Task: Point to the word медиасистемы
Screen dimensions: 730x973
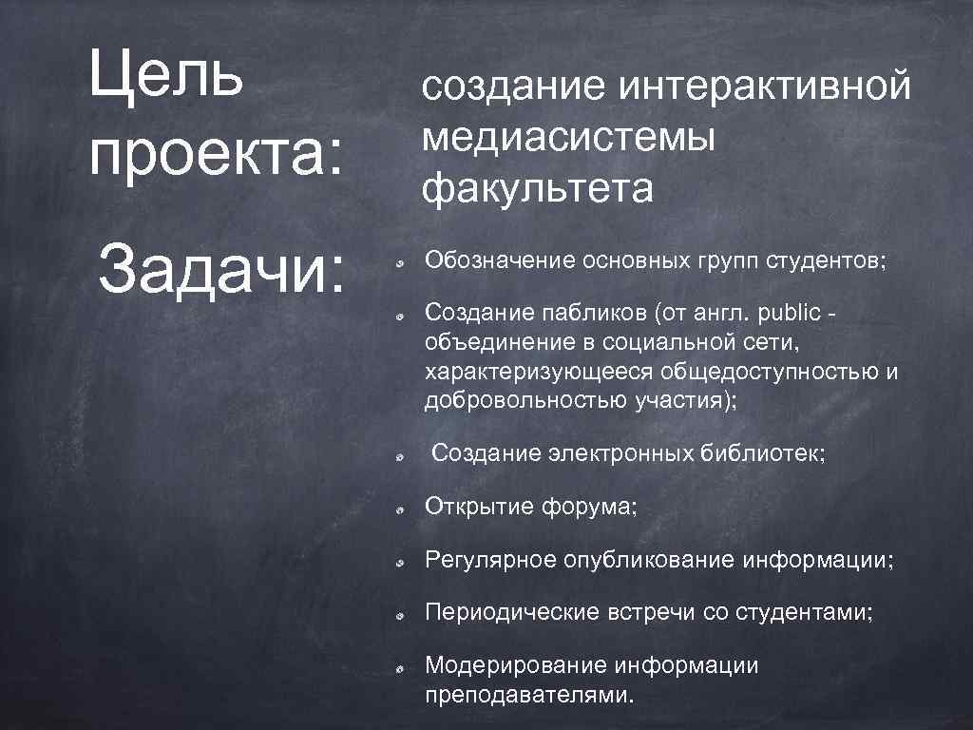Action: coord(569,139)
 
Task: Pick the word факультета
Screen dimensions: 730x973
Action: coord(538,189)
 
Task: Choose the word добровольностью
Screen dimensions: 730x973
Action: coord(525,400)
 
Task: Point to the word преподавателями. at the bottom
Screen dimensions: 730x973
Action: coord(527,695)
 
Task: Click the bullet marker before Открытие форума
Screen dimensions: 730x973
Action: coord(402,509)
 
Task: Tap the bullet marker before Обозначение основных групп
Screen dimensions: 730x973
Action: coord(402,262)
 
